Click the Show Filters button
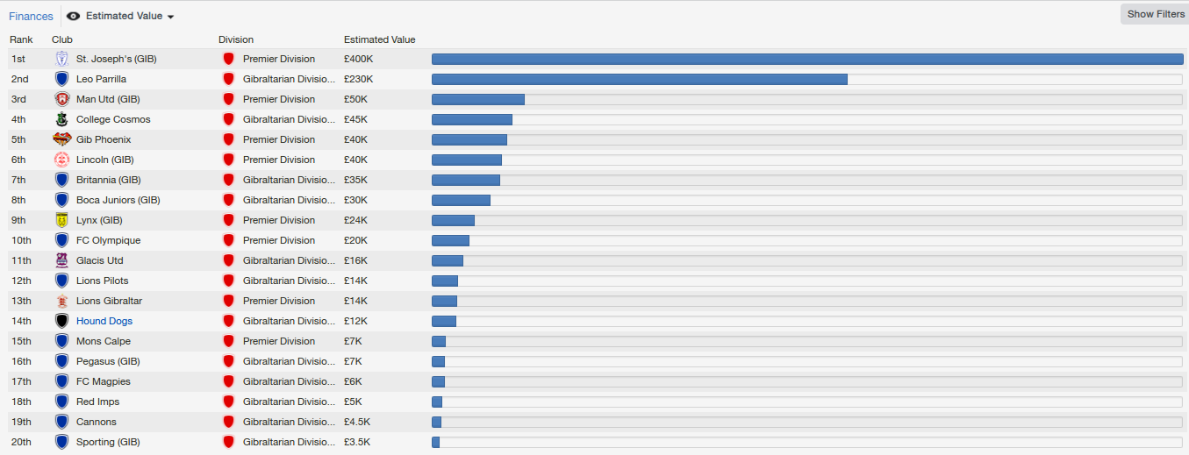coord(1155,14)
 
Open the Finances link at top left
coord(31,17)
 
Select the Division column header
coord(236,39)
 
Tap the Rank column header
coord(21,39)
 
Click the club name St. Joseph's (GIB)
coord(116,59)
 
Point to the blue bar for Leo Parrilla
coord(639,79)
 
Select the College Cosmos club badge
coord(61,119)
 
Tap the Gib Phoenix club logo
coord(61,139)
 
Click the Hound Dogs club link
coord(104,321)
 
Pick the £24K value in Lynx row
coord(358,220)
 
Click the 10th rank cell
coord(21,240)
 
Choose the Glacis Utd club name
coord(100,260)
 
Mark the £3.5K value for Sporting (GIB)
coord(357,442)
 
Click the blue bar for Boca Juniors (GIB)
coord(461,200)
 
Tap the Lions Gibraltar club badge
coord(61,301)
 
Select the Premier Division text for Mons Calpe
coord(278,341)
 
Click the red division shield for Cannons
coord(228,422)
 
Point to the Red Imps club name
coord(97,402)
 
